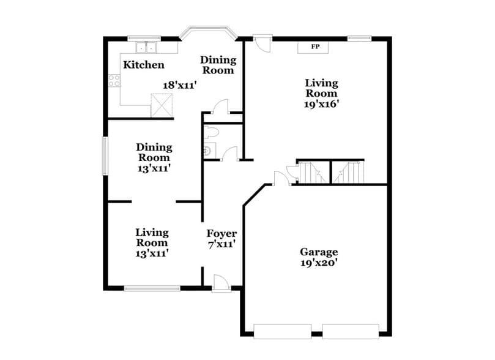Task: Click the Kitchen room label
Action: pyautogui.click(x=144, y=65)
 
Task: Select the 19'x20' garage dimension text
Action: pyautogui.click(x=318, y=263)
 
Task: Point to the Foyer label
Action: pyautogui.click(x=221, y=234)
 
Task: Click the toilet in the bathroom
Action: pyautogui.click(x=211, y=132)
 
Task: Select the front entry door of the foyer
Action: pyautogui.click(x=220, y=282)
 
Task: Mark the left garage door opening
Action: pyautogui.click(x=283, y=331)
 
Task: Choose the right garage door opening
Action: pyautogui.click(x=351, y=331)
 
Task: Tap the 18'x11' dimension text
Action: pyautogui.click(x=179, y=86)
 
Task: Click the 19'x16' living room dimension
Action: pyautogui.click(x=322, y=104)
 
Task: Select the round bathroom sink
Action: pyautogui.click(x=207, y=149)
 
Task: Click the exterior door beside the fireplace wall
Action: pyautogui.click(x=262, y=43)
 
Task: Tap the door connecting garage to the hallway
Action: pyautogui.click(x=281, y=178)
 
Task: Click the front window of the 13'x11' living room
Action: pyautogui.click(x=152, y=288)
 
